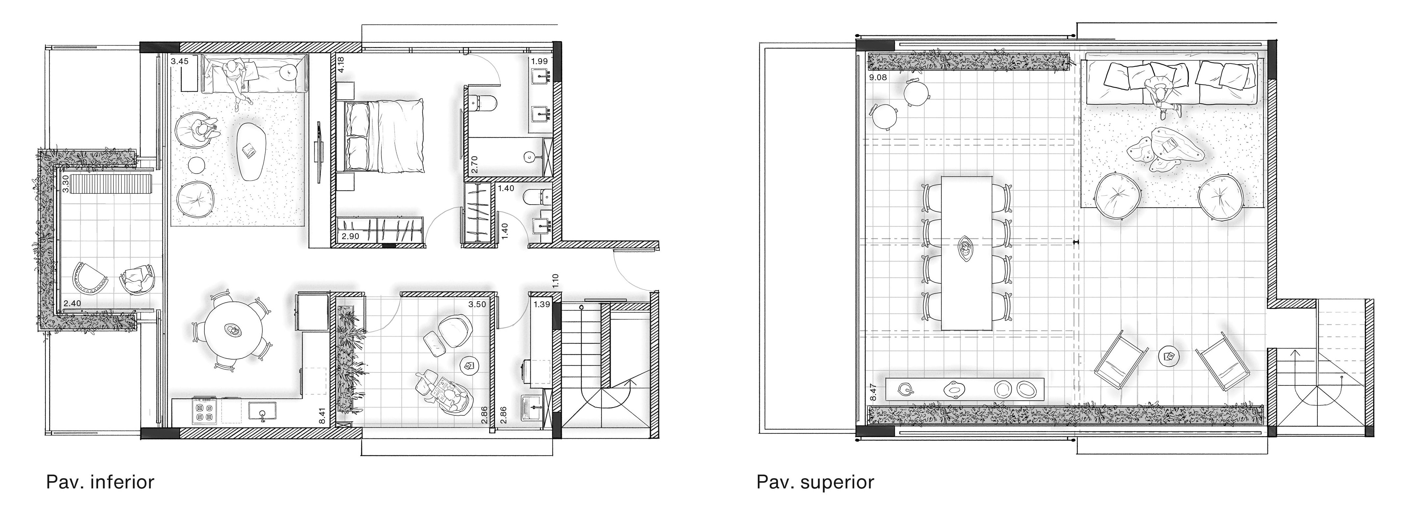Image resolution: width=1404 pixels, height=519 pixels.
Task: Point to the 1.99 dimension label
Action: (x=540, y=62)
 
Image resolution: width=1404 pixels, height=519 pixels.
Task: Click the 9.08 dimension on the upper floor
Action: (x=878, y=77)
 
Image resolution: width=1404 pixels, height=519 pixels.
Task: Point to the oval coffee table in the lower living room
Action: (x=249, y=151)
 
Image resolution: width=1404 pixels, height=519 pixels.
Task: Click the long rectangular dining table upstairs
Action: (x=966, y=253)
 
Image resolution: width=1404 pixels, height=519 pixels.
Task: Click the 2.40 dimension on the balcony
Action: (x=72, y=303)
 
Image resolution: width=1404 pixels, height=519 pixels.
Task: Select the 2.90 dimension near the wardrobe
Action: (x=351, y=236)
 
